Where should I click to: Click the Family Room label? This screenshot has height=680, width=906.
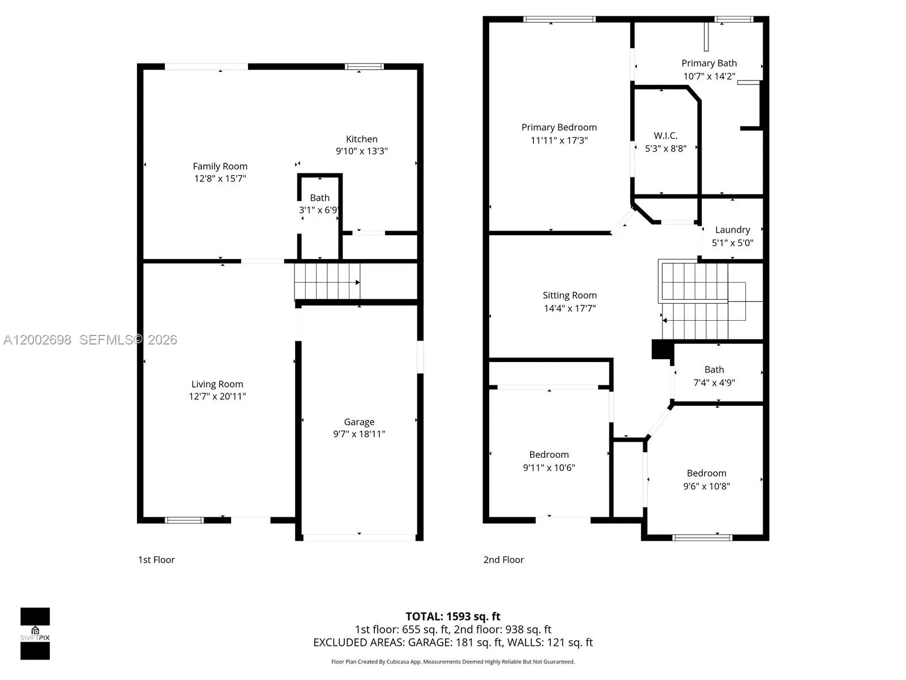(220, 166)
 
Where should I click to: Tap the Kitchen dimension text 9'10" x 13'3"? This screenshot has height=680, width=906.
(361, 151)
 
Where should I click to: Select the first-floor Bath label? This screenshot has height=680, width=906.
(319, 198)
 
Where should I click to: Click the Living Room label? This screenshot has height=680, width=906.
(217, 384)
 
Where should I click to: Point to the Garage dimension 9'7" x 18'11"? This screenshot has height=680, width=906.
(359, 434)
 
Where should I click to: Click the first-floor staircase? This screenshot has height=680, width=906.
(327, 281)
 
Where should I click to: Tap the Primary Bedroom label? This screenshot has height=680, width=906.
(559, 127)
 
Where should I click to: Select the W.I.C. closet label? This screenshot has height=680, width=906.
(665, 135)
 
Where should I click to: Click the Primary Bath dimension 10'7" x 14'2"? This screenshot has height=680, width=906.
(709, 76)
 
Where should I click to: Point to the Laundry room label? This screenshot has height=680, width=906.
(732, 229)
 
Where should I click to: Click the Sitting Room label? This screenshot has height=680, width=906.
(570, 295)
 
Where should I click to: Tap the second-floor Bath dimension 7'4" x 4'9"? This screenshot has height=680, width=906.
(714, 382)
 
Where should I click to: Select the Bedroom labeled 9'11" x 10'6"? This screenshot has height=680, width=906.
(549, 454)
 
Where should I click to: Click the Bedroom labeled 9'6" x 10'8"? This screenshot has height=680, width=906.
(706, 473)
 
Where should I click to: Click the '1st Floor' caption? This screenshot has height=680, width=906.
(156, 560)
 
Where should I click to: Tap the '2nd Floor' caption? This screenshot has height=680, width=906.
(503, 560)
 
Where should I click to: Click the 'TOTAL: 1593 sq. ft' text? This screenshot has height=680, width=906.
(453, 617)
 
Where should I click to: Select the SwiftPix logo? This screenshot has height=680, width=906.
(35, 634)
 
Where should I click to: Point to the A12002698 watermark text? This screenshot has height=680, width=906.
(37, 340)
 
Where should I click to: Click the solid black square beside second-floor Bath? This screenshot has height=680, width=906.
(660, 349)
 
